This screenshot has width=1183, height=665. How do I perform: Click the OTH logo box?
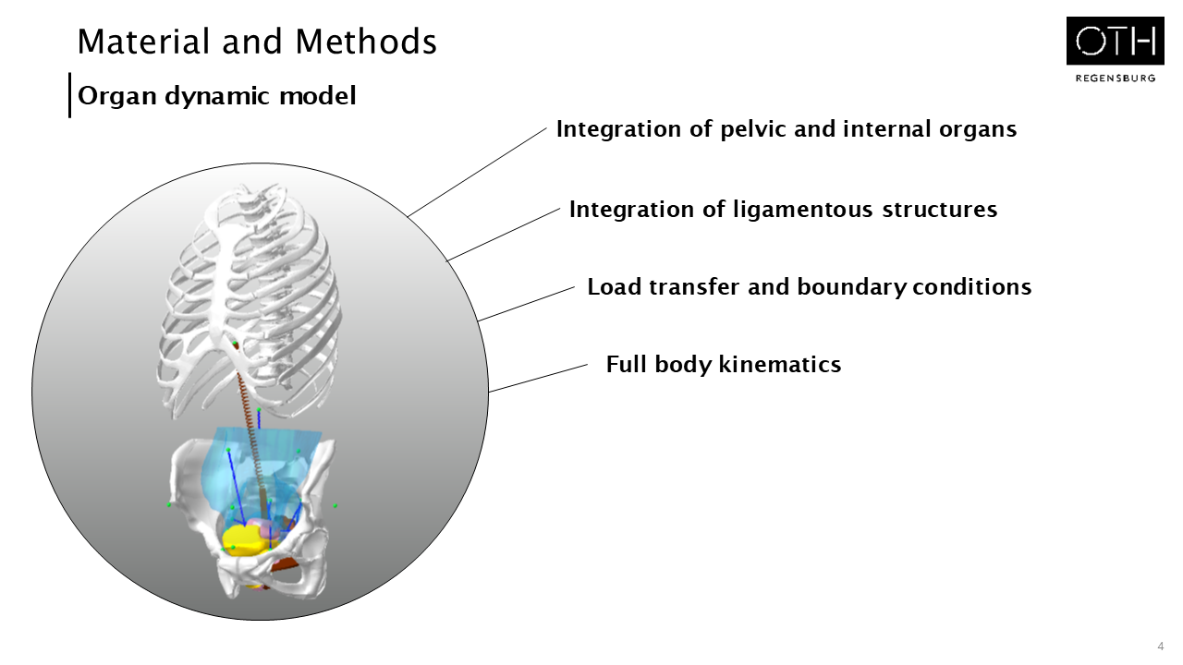pos(1115,41)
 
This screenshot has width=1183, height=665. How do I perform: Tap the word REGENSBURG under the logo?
pos(1115,79)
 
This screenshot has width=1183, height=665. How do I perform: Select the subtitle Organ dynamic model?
pos(217,95)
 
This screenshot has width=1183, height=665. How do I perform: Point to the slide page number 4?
pos(1160,646)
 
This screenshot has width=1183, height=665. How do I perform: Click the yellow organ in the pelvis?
pos(242,539)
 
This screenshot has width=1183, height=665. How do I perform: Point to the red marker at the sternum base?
pos(235,345)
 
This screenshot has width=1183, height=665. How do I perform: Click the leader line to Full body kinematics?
pos(538,378)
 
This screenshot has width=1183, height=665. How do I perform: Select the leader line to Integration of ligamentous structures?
pos(504,235)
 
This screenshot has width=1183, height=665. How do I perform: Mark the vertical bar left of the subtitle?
pos(69,95)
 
